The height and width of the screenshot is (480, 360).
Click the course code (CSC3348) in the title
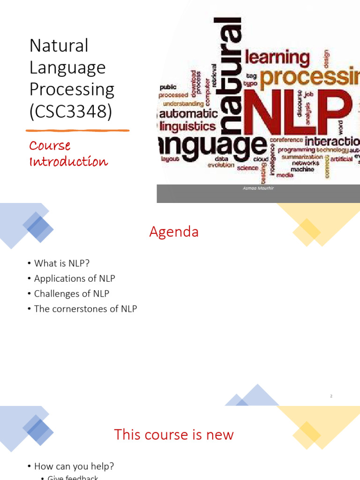pyautogui.click(x=70, y=112)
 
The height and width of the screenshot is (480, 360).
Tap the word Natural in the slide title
pyautogui.click(x=59, y=46)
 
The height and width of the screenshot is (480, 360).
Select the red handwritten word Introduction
pyautogui.click(x=68, y=162)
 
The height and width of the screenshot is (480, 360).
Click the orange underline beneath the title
pyautogui.click(x=77, y=130)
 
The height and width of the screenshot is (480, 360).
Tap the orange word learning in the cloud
pyautogui.click(x=277, y=58)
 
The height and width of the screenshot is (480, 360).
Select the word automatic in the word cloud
pyautogui.click(x=188, y=113)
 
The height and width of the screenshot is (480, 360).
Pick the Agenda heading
pyautogui.click(x=174, y=232)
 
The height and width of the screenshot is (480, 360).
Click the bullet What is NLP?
pyautogui.click(x=61, y=263)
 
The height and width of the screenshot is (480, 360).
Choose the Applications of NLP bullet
pyautogui.click(x=74, y=278)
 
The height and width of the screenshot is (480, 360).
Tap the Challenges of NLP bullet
pyautogui.click(x=71, y=294)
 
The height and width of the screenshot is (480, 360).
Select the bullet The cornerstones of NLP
pyautogui.click(x=85, y=309)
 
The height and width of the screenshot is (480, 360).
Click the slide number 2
pyautogui.click(x=331, y=396)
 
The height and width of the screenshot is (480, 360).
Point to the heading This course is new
pyautogui.click(x=174, y=435)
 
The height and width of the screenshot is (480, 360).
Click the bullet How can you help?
pyautogui.click(x=74, y=466)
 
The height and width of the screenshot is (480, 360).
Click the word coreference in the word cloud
pyautogui.click(x=286, y=140)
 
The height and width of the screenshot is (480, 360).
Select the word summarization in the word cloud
pyautogui.click(x=302, y=157)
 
